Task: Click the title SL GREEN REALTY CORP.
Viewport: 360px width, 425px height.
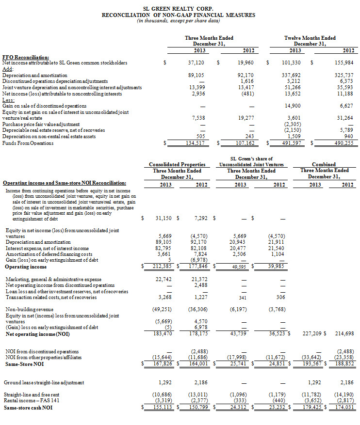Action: [x=179, y=9]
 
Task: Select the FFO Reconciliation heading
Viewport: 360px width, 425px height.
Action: [x=26, y=57]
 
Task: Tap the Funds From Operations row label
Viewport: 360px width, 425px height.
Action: [x=28, y=143]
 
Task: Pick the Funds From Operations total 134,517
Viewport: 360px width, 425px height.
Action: [x=196, y=143]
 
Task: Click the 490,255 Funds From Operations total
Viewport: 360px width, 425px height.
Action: [x=344, y=143]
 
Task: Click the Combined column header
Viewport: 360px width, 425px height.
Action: [x=324, y=165]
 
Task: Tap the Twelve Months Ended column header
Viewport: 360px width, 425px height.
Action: [x=310, y=38]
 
